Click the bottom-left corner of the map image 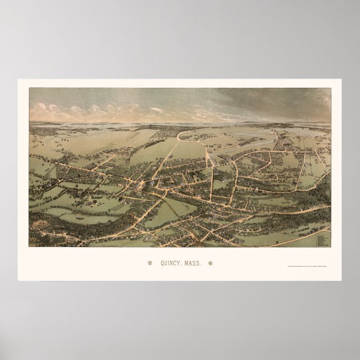point(29,247)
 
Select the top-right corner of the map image point(330,88)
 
